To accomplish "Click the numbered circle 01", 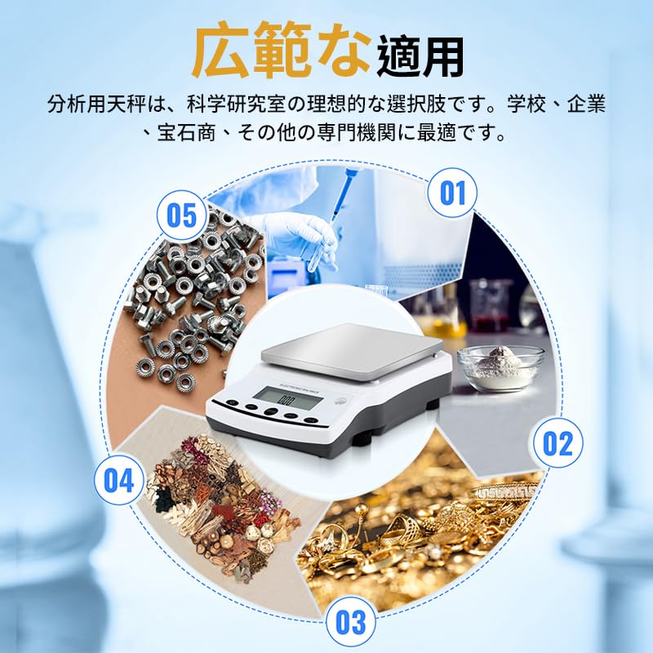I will coord(452,193).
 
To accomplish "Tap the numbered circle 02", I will coord(557,443).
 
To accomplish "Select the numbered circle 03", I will coord(350,622).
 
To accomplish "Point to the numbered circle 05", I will coord(181,215).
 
